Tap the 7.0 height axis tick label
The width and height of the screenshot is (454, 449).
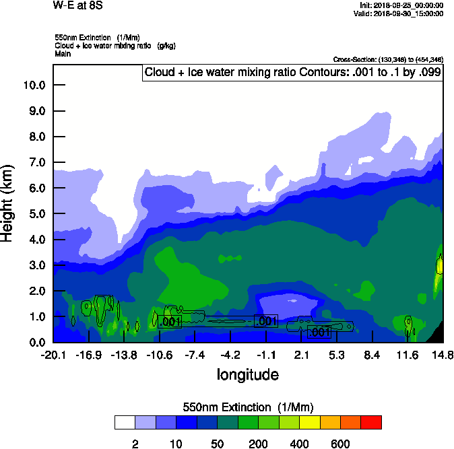pyautogui.click(x=34, y=163)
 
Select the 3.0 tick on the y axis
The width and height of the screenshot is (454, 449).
pyautogui.click(x=34, y=265)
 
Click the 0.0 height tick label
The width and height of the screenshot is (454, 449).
pyautogui.click(x=34, y=343)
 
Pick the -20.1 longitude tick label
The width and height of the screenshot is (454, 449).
pyautogui.click(x=53, y=355)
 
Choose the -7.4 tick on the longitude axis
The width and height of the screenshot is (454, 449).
pyautogui.click(x=195, y=355)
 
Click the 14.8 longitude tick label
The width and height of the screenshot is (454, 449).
pyautogui.click(x=443, y=355)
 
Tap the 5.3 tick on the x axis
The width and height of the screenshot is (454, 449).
pyautogui.click(x=336, y=355)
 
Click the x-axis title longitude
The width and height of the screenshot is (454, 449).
pyautogui.click(x=247, y=374)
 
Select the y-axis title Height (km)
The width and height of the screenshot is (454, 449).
pyautogui.click(x=8, y=203)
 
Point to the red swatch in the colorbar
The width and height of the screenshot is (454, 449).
pyautogui.click(x=371, y=423)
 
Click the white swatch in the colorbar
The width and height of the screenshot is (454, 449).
pyautogui.click(x=125, y=423)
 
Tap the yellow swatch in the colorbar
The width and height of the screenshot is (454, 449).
pyautogui.click(x=310, y=423)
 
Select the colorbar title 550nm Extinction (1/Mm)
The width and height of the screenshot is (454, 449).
pyautogui.click(x=248, y=407)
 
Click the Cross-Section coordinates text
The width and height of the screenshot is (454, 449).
pyautogui.click(x=388, y=60)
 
